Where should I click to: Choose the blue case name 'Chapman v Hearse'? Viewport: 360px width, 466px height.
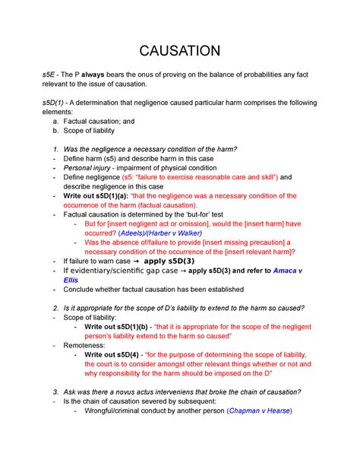258,411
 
